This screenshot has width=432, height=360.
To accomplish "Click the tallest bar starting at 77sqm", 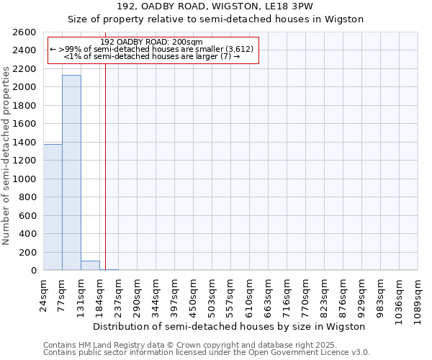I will click(x=71, y=173).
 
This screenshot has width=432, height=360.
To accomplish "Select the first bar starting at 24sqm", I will click(x=53, y=207).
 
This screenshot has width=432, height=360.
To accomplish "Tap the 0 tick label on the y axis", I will click(x=35, y=271).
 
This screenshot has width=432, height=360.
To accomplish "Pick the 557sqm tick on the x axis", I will click(x=231, y=294).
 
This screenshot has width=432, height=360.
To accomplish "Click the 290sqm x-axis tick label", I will click(x=138, y=294).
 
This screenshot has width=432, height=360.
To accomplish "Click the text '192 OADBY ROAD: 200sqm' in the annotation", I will click(x=152, y=42).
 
